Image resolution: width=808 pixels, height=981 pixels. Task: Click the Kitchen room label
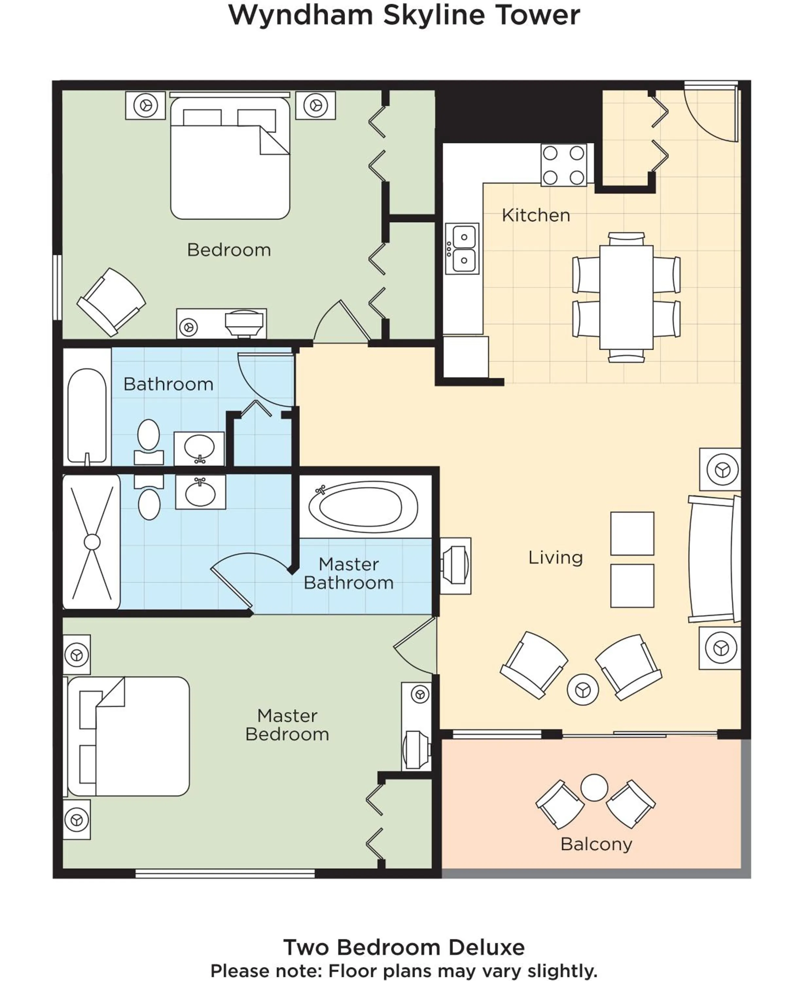[x=536, y=215]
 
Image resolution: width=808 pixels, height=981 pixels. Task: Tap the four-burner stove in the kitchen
[x=564, y=165]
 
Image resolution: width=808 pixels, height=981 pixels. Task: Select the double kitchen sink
[x=462, y=249]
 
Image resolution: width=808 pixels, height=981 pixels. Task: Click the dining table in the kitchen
[x=626, y=297]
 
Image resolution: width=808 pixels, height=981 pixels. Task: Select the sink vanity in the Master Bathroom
[x=201, y=492]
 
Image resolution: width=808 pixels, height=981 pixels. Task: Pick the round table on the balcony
[x=594, y=787]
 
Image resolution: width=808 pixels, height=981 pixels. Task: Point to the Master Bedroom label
[x=287, y=724]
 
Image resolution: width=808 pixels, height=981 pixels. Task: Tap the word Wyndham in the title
[x=301, y=15]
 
